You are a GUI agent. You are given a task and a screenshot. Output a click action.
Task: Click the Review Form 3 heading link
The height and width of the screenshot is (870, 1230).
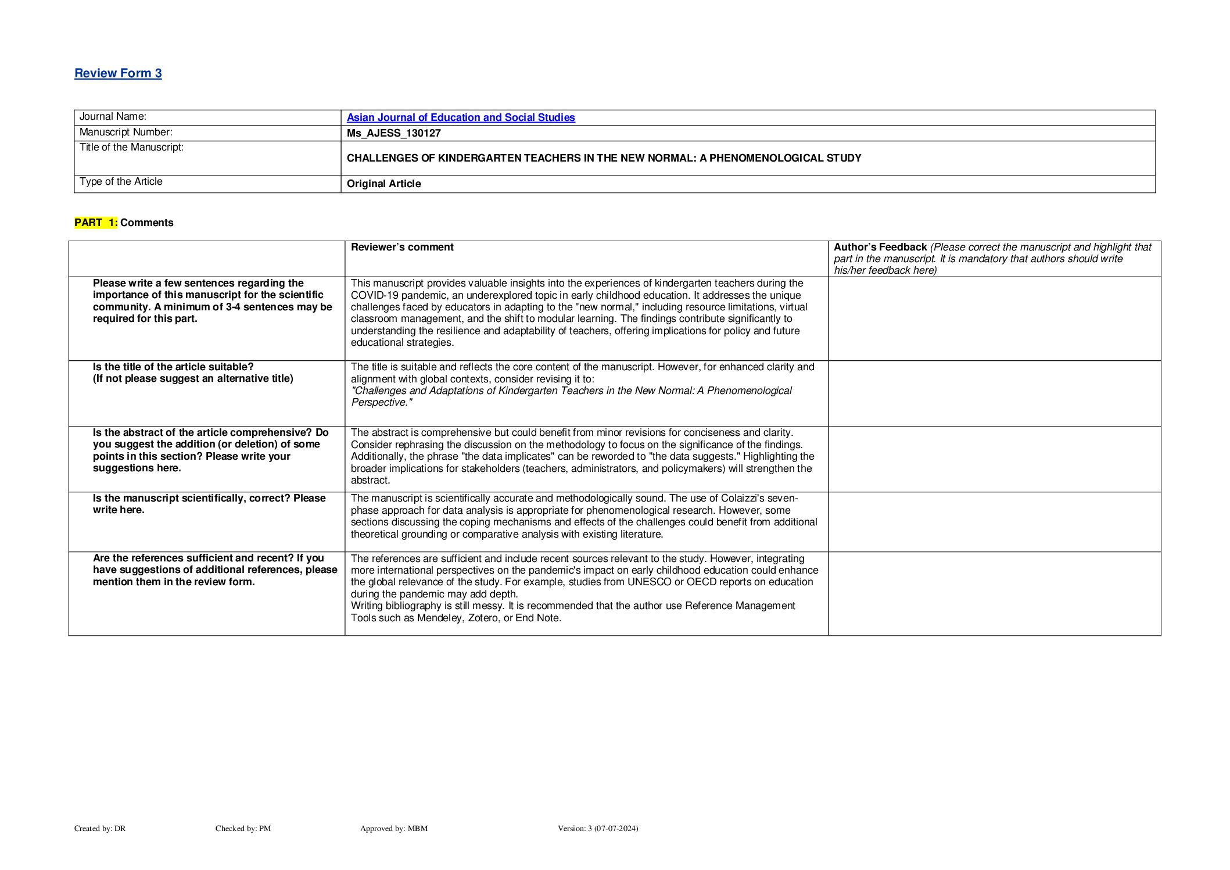118,73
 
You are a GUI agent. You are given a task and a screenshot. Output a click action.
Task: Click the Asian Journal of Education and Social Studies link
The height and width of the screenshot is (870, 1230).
461,117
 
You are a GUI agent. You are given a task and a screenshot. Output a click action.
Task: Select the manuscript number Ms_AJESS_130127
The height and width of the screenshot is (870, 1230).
393,133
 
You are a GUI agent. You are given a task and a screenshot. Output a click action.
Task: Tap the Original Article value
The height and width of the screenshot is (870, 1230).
383,184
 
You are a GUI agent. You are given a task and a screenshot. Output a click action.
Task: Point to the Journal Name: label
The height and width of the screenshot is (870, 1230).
113,116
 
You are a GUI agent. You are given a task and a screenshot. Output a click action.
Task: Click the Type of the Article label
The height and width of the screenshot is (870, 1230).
121,181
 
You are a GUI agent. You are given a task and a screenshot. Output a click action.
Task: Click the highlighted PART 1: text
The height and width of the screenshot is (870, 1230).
96,223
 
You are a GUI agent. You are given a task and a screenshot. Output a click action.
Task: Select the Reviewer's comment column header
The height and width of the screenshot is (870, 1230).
402,247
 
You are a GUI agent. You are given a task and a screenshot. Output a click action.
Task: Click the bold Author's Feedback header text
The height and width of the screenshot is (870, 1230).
880,247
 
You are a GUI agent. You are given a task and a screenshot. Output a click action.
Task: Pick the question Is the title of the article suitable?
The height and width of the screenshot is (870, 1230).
173,367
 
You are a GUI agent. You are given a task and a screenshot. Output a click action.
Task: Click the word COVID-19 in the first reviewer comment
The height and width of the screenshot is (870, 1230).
372,295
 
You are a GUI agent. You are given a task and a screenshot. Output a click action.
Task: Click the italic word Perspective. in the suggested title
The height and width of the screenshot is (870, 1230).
381,402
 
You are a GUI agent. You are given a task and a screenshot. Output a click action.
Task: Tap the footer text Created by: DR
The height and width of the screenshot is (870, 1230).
100,828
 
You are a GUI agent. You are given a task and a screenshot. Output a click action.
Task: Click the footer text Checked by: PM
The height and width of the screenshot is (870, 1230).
243,828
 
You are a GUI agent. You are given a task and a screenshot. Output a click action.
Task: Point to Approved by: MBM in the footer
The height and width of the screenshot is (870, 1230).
393,828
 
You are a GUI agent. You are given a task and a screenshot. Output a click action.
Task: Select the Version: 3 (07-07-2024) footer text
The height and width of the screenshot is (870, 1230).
597,828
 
